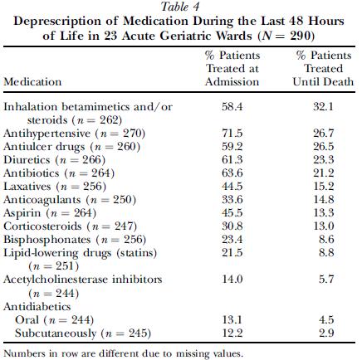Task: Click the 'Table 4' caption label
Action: point(180,7)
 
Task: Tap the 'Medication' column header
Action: point(32,82)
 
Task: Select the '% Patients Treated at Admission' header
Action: point(232,69)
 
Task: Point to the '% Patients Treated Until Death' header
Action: point(323,69)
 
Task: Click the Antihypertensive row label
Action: point(74,134)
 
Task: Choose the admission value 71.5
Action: point(232,134)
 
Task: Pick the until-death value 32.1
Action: point(323,107)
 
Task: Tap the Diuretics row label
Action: point(54,160)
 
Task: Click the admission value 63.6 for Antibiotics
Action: point(232,173)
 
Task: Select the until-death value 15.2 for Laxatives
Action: point(323,187)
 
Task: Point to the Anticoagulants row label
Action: point(70,200)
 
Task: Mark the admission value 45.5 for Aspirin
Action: point(232,213)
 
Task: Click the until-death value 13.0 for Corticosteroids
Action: point(323,226)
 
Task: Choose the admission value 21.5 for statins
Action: point(232,253)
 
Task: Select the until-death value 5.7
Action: point(326,280)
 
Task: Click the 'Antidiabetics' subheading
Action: point(37,307)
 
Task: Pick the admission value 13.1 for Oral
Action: point(232,320)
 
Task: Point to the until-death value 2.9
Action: point(326,333)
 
